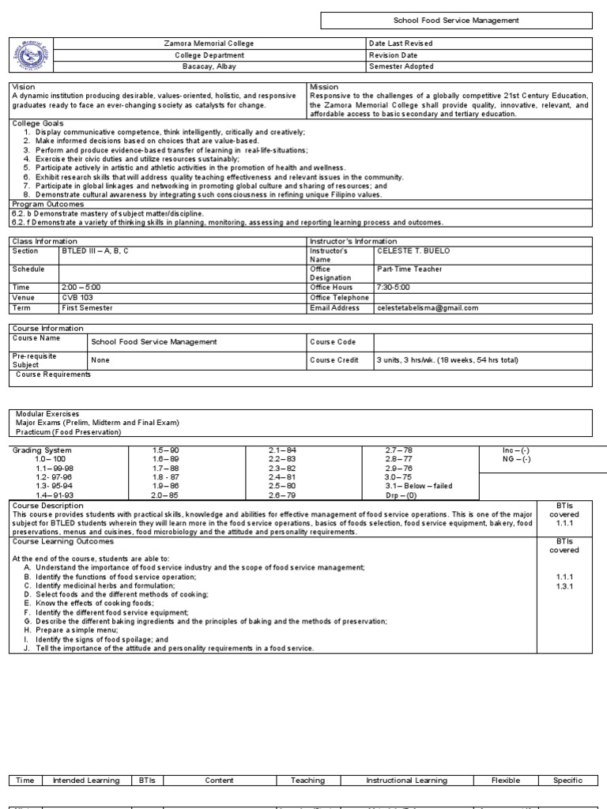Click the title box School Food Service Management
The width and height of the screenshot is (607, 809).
[x=457, y=21]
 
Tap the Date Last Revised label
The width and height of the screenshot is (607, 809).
[x=400, y=43]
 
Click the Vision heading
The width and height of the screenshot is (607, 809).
[x=24, y=86]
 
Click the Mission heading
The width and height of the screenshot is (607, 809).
[x=324, y=86]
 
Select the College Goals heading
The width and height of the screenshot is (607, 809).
[x=37, y=123]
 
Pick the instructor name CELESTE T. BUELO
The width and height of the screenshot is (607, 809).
[x=413, y=251]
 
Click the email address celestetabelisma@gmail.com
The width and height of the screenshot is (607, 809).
[x=428, y=308]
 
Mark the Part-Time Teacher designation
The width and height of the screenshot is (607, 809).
[x=409, y=269]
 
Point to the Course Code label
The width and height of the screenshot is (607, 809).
[x=332, y=341]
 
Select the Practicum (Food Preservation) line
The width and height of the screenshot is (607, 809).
[x=69, y=431]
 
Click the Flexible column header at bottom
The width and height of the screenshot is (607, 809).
[x=506, y=781]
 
